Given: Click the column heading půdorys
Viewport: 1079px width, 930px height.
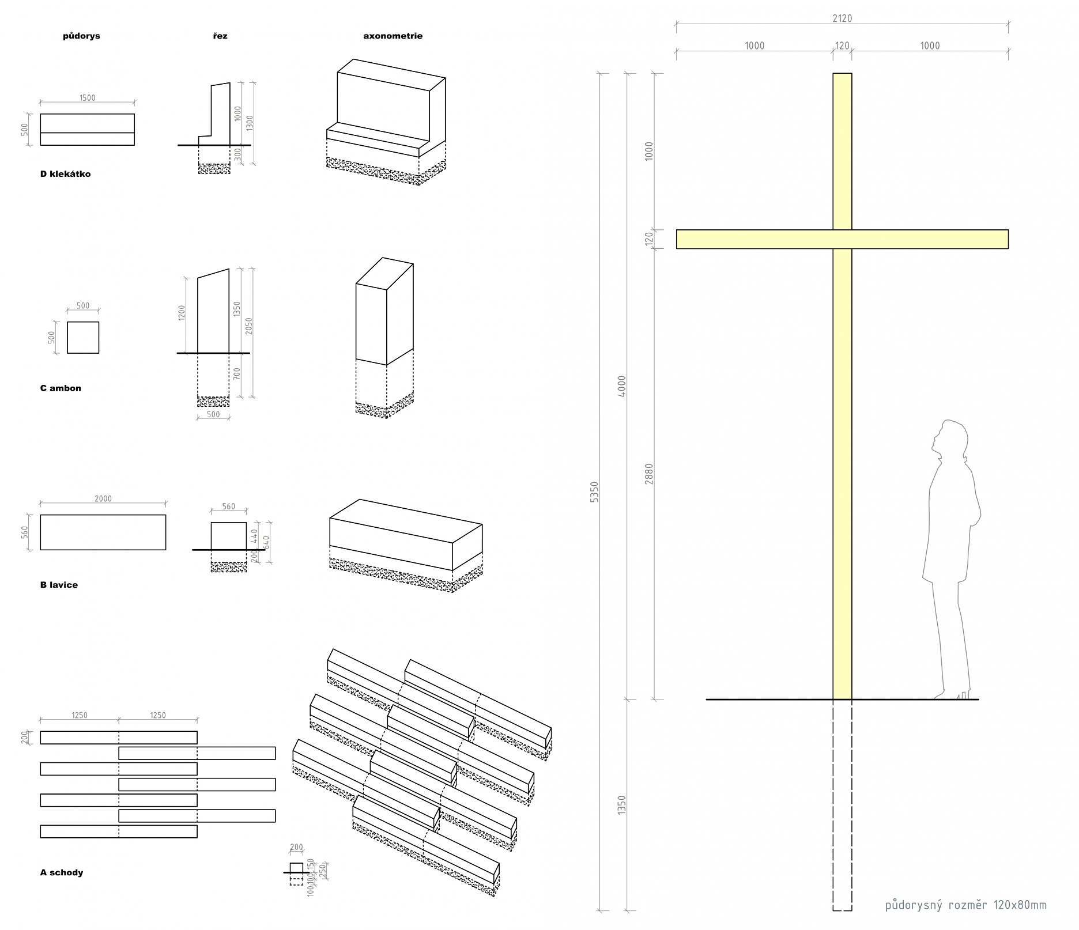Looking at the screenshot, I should coord(81,36).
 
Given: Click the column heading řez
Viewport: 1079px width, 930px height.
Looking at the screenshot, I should coord(220,36).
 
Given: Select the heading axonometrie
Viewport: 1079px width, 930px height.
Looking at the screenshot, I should coord(393,36).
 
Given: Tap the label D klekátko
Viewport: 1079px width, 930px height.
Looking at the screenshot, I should coord(65,174).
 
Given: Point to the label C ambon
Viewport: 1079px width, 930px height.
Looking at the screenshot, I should coord(61,388).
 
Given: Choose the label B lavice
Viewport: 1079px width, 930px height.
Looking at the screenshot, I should coord(59,585).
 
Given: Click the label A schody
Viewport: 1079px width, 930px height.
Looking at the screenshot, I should coord(62,872).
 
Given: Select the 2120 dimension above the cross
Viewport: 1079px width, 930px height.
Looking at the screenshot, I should coord(842,18).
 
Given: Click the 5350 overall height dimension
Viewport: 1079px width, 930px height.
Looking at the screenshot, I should coord(595,492).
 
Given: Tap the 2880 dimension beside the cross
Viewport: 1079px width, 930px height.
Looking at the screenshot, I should coord(649,474).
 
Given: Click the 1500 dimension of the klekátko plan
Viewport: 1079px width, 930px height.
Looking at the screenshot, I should coord(87,98).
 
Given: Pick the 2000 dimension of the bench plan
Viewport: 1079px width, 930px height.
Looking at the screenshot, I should coord(103,498).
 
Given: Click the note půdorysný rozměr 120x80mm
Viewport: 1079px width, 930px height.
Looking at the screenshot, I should coord(965,905).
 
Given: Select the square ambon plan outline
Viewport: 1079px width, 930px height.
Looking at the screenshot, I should coord(83,338).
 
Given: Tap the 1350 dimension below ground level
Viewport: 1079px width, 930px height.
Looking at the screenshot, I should coord(621,805).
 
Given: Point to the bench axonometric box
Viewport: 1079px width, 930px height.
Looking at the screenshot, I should coord(405,536).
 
